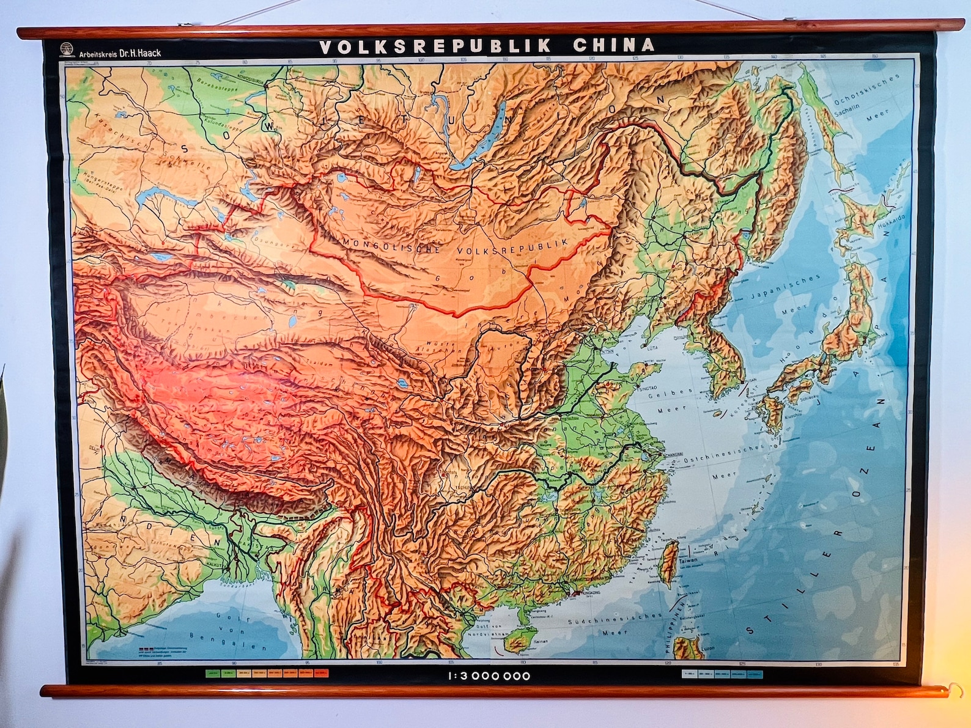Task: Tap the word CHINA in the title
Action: point(613,45)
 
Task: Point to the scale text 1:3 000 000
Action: point(489,676)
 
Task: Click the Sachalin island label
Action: point(847,109)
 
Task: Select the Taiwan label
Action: point(688,560)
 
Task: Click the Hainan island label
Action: point(541,641)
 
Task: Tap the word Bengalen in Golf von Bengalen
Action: point(229,641)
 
